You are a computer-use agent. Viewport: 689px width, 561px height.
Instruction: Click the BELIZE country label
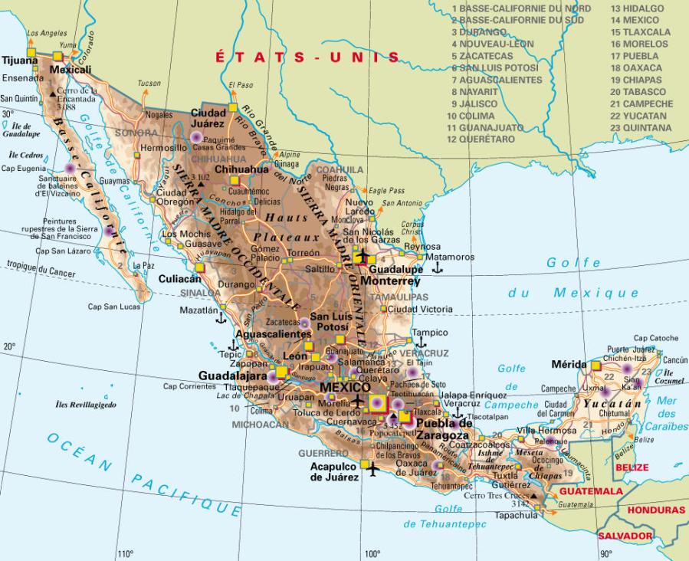(x=632, y=467)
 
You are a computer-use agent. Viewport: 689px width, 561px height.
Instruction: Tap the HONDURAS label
(x=655, y=510)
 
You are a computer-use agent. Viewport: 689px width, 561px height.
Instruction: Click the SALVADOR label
(x=625, y=536)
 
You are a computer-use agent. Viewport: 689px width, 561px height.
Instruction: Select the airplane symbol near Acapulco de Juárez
(x=373, y=467)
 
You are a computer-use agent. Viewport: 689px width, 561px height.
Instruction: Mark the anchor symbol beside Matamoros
(x=438, y=268)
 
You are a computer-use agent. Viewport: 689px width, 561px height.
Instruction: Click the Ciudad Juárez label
(x=207, y=117)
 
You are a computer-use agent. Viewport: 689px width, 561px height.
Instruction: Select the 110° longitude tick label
(x=126, y=554)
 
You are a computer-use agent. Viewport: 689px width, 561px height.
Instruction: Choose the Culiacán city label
(x=179, y=280)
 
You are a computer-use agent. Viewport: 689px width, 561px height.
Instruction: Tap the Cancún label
(x=674, y=359)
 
